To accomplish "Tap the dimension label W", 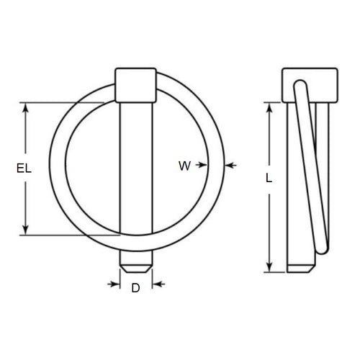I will [x=184, y=166].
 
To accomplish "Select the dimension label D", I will [x=135, y=288].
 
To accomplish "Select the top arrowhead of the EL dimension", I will [x=27, y=107].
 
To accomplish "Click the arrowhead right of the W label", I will [x=199, y=166].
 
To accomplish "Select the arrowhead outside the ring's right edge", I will [x=230, y=166].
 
